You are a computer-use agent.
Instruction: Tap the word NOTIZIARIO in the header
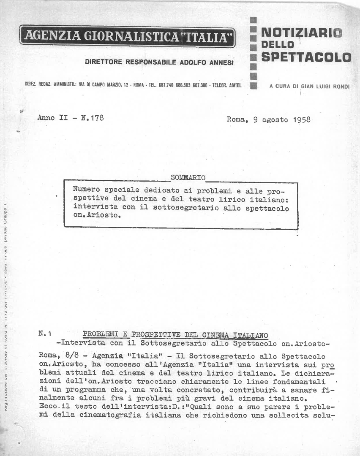point(302,32)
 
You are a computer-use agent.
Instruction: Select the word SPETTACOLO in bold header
point(306,57)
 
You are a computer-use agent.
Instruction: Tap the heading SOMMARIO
point(188,177)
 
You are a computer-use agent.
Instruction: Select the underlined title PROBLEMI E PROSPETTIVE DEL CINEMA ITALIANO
point(175,335)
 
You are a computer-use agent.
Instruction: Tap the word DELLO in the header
point(277,44)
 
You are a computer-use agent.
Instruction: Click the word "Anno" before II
point(46,118)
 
